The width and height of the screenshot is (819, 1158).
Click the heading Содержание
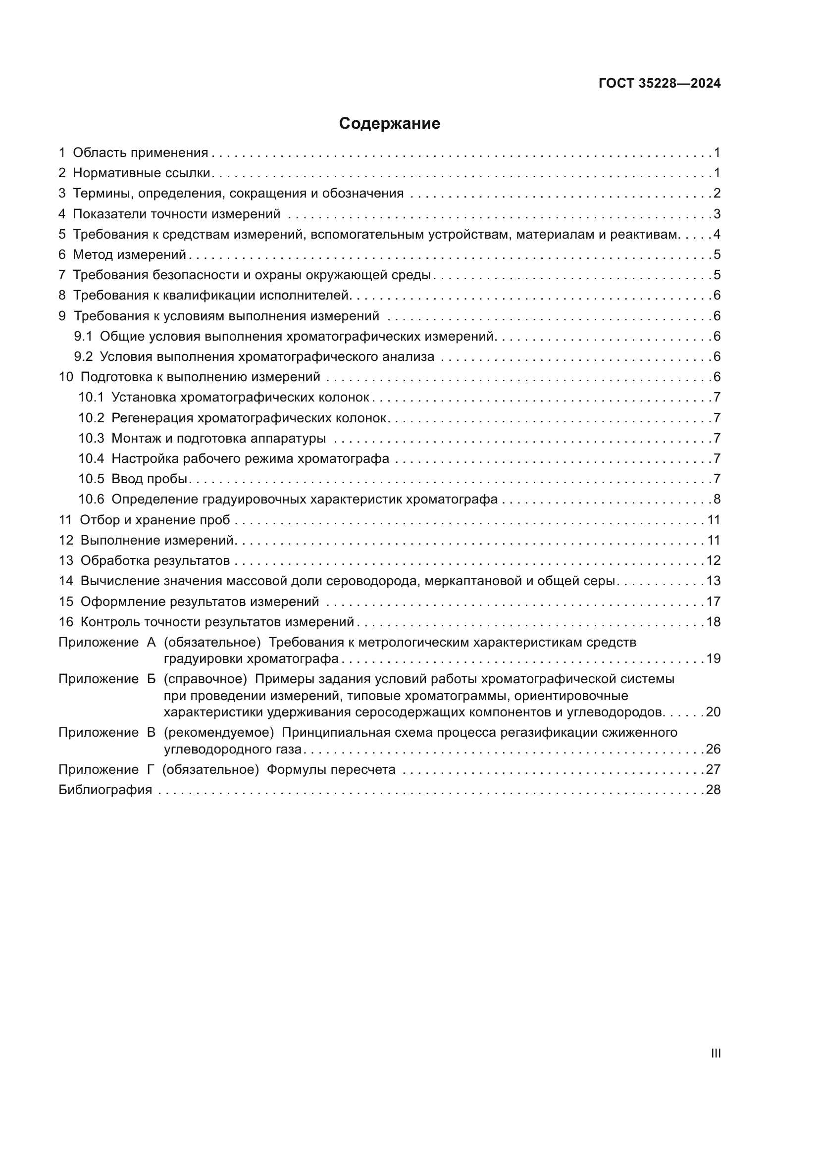389,124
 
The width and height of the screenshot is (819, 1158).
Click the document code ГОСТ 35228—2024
660,84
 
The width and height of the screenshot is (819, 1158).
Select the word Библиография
105,790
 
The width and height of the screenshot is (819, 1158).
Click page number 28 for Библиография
713,790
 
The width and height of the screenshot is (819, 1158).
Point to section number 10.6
91,500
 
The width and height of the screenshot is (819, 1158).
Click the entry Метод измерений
130,254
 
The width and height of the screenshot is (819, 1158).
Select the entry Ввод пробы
149,479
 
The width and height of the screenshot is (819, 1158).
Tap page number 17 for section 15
713,602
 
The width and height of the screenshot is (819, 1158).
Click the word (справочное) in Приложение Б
205,679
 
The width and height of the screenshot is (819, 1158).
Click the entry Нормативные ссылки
141,173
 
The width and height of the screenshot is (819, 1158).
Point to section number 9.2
83,356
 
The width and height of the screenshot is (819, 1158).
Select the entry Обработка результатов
155,561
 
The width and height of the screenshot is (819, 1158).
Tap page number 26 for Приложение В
713,750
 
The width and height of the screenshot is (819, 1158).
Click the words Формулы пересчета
331,770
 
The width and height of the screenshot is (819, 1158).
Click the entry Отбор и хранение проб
155,520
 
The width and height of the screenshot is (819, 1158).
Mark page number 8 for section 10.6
717,500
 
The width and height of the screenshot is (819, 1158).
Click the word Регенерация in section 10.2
153,418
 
